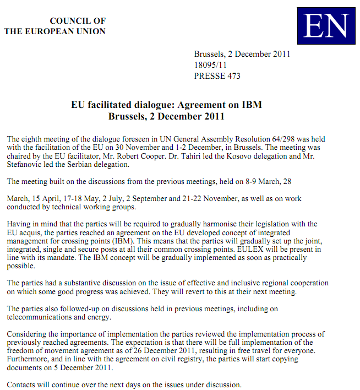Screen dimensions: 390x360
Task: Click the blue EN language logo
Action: tap(326, 26)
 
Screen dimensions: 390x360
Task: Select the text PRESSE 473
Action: tap(217, 76)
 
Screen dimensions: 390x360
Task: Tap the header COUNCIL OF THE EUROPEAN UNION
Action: tap(55, 26)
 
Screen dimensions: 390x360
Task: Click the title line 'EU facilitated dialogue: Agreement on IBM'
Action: tap(166, 105)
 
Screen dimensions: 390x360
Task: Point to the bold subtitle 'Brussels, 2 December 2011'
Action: tap(166, 116)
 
